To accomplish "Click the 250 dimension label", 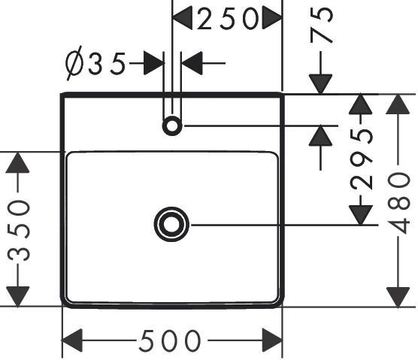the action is [228, 18].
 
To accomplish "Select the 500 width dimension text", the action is [170, 340].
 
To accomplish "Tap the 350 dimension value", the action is [18, 231].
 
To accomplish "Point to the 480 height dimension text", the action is [398, 204].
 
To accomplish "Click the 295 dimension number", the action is [361, 159].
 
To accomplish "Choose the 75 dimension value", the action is [322, 25].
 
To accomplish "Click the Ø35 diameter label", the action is [95, 63].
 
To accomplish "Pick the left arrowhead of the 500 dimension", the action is [72, 340].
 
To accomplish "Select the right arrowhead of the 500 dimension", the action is [272, 340].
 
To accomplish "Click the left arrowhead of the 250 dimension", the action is [183, 18].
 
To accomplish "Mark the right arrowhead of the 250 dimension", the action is [272, 18].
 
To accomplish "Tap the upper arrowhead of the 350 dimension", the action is [17, 162].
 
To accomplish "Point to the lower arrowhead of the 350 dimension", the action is [17, 297].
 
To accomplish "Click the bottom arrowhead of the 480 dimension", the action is [398, 297].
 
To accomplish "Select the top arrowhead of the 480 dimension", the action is [398, 104].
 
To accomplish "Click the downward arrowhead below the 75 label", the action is [321, 84].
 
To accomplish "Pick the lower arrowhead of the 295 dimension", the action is [361, 215].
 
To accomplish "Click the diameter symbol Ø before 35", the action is [74, 63].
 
